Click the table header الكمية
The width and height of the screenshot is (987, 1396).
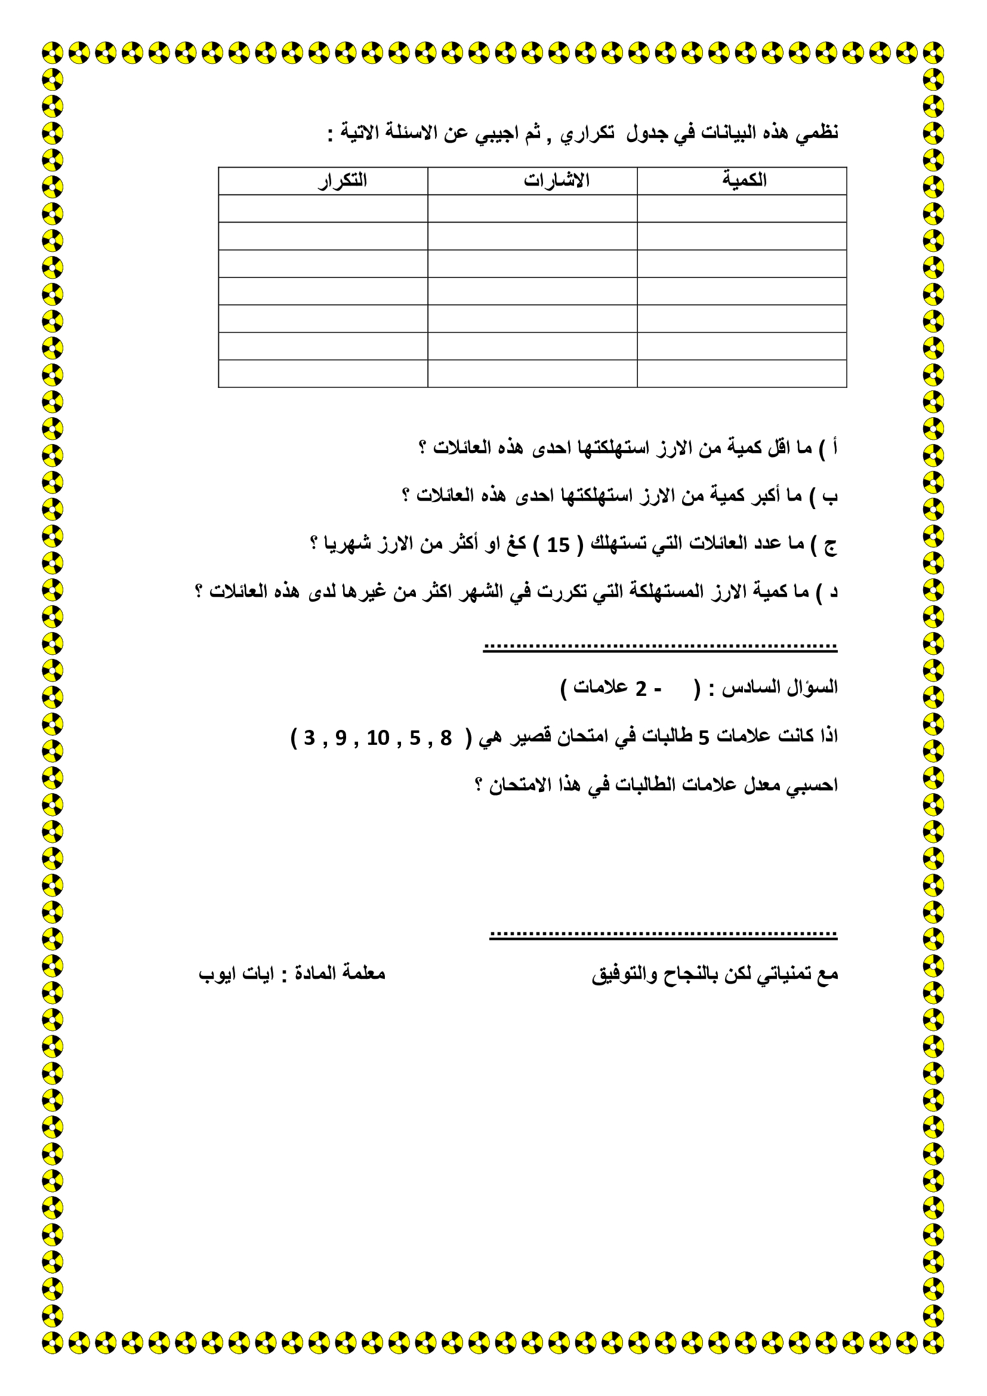[x=744, y=180]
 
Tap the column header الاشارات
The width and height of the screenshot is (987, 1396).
[x=556, y=181]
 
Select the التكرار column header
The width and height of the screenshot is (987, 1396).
[x=342, y=181]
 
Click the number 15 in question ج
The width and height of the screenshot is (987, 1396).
[x=558, y=545]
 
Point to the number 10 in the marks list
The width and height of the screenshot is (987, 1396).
[x=377, y=738]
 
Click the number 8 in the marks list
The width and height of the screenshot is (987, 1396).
[x=446, y=738]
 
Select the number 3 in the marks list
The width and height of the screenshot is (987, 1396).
[x=309, y=738]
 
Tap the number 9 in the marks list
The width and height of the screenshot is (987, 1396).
[x=341, y=738]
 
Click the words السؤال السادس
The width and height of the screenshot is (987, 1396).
[x=779, y=688]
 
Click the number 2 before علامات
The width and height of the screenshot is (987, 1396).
[x=640, y=689]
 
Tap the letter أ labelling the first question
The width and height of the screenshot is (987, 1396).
[x=835, y=447]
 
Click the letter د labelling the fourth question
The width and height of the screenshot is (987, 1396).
[x=834, y=591]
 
